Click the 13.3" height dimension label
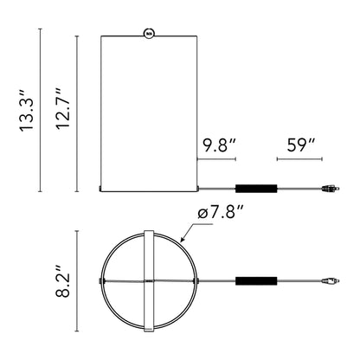[x=27, y=111]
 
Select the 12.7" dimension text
[x=63, y=108]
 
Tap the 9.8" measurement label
[x=219, y=145]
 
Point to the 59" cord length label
[x=301, y=145]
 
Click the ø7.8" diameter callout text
[x=219, y=214]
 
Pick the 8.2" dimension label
[x=63, y=280]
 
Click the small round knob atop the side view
[x=149, y=33]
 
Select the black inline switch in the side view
[x=256, y=189]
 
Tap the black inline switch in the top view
[x=256, y=281]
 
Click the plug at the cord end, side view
[x=331, y=189]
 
